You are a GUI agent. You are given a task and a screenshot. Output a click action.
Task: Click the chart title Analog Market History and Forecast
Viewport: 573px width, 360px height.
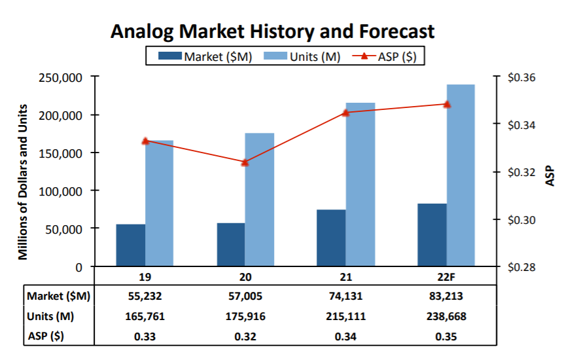273,31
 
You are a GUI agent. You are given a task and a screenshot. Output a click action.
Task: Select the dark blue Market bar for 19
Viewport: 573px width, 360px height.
131,245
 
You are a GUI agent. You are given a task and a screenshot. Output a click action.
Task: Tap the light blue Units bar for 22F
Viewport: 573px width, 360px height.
460,175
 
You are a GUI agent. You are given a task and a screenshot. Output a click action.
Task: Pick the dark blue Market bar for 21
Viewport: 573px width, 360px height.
331,238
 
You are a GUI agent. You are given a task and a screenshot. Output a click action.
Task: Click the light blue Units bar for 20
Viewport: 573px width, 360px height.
260,200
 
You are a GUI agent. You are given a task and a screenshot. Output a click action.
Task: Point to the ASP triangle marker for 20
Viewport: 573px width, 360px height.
245,162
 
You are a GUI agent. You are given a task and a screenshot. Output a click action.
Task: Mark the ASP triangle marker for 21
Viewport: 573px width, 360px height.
346,113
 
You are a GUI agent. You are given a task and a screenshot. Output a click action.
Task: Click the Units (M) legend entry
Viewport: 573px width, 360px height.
303,56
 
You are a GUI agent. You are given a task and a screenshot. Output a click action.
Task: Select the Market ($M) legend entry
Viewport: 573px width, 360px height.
205,56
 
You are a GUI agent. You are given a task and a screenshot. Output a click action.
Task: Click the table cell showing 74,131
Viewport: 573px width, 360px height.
346,296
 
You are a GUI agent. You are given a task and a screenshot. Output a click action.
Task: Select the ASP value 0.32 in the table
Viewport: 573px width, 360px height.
245,337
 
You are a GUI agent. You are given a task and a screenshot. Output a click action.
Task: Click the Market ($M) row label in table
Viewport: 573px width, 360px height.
58,296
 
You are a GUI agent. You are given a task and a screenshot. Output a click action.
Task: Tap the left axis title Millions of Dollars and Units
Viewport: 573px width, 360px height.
24,181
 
